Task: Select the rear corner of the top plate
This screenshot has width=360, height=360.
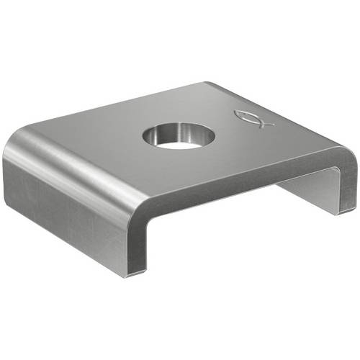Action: (209, 84)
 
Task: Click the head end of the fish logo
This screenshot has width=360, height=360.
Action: (242, 115)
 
